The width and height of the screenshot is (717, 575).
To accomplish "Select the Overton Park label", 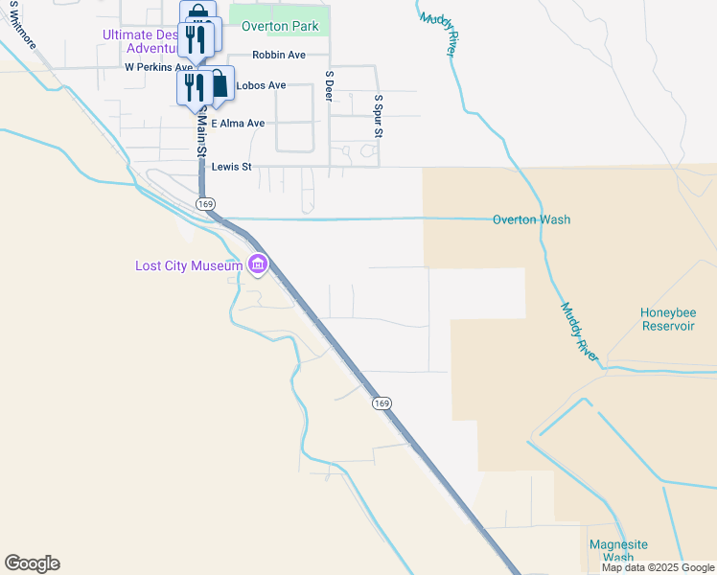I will click(280, 26).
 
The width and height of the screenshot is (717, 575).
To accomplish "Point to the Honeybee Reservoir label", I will click(667, 320).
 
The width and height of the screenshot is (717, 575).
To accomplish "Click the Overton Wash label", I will click(531, 219).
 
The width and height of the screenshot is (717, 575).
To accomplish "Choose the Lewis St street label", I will click(231, 167).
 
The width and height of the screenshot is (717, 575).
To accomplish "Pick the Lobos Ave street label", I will click(261, 85).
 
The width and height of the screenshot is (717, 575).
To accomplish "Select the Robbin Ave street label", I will click(279, 55).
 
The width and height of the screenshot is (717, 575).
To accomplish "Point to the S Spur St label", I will click(379, 116).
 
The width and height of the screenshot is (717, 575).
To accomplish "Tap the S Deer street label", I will click(329, 85).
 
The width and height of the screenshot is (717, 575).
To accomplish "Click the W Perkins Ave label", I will click(159, 68).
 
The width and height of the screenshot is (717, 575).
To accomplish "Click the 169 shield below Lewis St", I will click(204, 204).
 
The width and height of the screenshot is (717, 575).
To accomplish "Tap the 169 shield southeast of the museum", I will click(382, 403).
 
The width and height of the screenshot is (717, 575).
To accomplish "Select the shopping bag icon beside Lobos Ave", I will click(220, 83).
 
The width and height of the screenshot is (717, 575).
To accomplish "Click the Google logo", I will click(32, 563).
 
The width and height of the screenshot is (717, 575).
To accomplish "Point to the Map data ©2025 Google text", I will click(658, 567).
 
